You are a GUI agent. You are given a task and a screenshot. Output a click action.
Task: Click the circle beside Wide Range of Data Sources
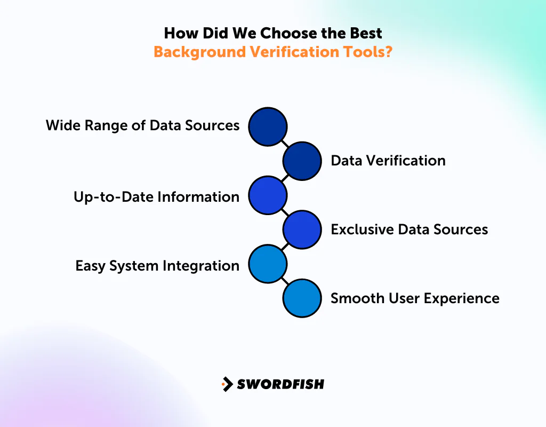pyautogui.click(x=268, y=126)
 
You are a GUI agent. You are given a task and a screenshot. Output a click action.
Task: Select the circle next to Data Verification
pyautogui.click(x=302, y=161)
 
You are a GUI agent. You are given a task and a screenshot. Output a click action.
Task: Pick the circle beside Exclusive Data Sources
pyautogui.click(x=302, y=230)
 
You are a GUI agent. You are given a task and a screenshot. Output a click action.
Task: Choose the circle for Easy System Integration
pyautogui.click(x=268, y=264)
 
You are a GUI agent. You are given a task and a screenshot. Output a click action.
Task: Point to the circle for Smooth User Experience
pyautogui.click(x=302, y=298)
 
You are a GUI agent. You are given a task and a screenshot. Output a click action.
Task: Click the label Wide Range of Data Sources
pyautogui.click(x=142, y=125)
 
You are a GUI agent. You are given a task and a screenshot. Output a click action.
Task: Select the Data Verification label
pyautogui.click(x=388, y=161)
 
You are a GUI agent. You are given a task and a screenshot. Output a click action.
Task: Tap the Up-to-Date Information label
pyautogui.click(x=156, y=196)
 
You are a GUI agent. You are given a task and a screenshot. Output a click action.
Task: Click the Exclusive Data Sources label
pyautogui.click(x=409, y=230)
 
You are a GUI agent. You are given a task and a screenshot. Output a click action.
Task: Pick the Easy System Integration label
pyautogui.click(x=157, y=265)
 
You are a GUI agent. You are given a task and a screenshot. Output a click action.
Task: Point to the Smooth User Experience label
pyautogui.click(x=415, y=298)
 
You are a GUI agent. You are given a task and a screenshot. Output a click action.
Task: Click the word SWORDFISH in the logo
pyautogui.click(x=280, y=384)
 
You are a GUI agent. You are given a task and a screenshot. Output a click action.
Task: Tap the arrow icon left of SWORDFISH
pyautogui.click(x=227, y=384)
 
